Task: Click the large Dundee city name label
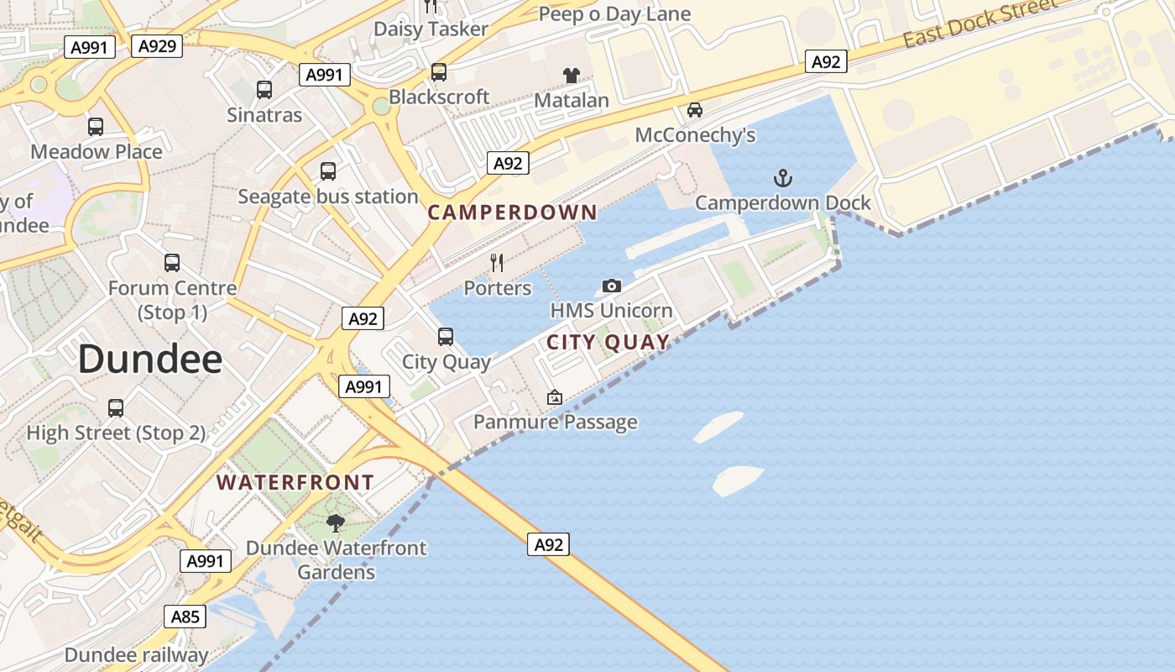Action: [x=150, y=359]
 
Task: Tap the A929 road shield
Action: [x=157, y=45]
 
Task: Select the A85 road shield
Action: [x=185, y=617]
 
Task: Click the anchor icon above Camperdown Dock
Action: [x=782, y=177]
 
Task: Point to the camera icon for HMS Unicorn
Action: [x=612, y=286]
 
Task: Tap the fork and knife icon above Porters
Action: [x=497, y=263]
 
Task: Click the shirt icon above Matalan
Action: [x=572, y=75]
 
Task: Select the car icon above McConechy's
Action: [x=695, y=109]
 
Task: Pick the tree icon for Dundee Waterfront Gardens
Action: [x=336, y=523]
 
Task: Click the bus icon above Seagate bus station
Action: [x=328, y=171]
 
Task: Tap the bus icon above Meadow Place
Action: [x=96, y=127]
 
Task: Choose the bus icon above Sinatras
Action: [x=264, y=89]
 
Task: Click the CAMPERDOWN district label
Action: [x=512, y=213]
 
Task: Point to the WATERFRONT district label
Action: [x=295, y=483]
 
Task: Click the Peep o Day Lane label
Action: [x=614, y=13]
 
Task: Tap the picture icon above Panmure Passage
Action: [x=555, y=397]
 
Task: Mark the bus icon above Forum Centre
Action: [x=172, y=263]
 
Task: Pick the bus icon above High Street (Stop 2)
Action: [x=116, y=408]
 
